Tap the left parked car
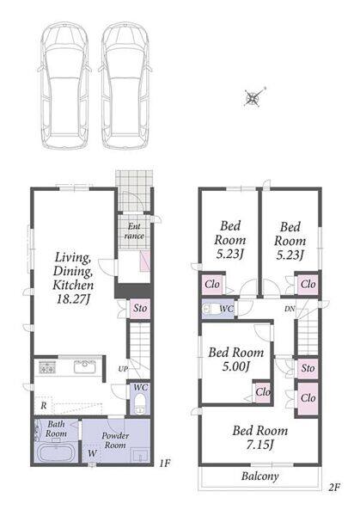click(64, 86)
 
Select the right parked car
click(125, 86)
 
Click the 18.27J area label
click(73, 299)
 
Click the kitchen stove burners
click(47, 366)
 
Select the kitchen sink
click(85, 366)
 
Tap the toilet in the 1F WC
click(140, 404)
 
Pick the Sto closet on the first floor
click(140, 309)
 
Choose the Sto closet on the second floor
click(308, 368)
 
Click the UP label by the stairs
click(123, 369)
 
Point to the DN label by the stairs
click(290, 309)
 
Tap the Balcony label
click(259, 476)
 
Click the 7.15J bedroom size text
click(260, 445)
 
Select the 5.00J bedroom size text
click(236, 366)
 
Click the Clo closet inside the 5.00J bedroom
click(263, 392)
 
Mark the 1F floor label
click(164, 464)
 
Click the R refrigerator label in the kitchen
click(44, 405)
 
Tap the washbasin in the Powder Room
click(140, 456)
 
